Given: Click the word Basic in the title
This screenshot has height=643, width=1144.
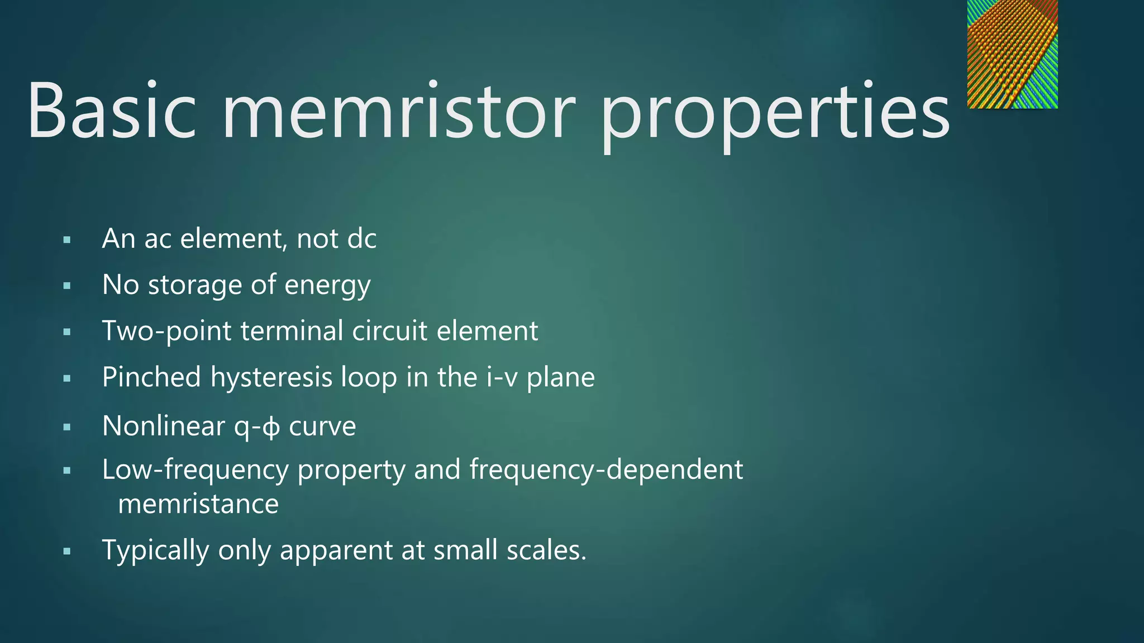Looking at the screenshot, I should coord(112,110).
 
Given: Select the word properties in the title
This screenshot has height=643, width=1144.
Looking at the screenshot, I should coord(775,114).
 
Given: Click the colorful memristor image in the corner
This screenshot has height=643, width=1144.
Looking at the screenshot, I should coord(1012,54).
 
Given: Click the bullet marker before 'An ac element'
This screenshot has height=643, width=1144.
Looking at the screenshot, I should coord(67,241).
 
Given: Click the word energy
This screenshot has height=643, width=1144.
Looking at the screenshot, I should coord(327,286).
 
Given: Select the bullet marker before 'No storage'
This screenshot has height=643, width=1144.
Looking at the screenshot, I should coord(67,286).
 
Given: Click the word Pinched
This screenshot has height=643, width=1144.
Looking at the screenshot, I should coord(151,377).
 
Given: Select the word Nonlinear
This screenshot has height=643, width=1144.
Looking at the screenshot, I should coord(163,426).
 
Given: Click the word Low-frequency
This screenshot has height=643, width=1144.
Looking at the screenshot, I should coord(194,470).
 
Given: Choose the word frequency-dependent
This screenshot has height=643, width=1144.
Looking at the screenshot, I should coord(606,470).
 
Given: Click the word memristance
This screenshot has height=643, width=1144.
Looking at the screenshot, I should coord(198,504).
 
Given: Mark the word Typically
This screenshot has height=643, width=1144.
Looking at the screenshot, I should coord(155,551).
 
